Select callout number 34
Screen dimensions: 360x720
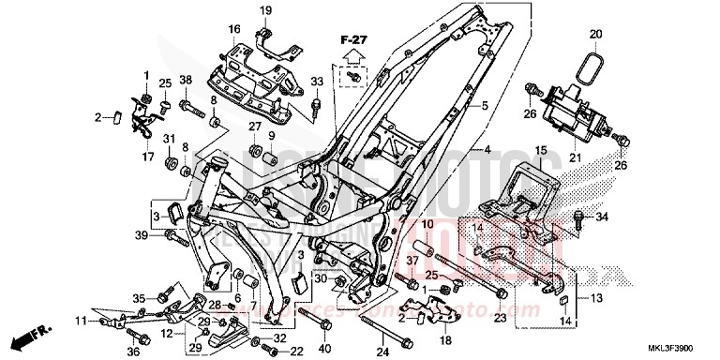click(603, 217)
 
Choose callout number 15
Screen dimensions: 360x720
click(540, 150)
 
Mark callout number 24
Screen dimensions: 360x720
click(382, 352)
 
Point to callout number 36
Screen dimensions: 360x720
click(132, 352)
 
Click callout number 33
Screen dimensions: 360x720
click(316, 82)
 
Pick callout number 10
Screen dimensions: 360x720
click(424, 225)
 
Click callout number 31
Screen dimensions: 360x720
click(170, 140)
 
